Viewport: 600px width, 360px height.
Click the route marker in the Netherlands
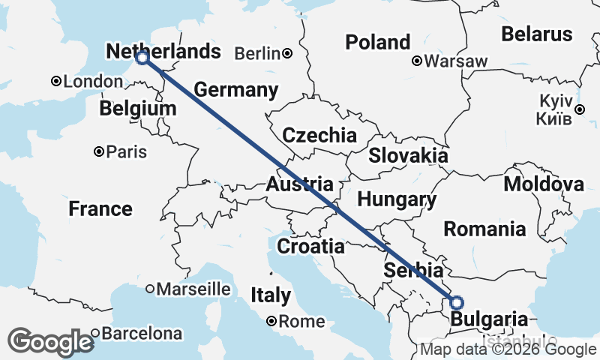[142, 57]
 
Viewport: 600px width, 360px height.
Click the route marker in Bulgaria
[457, 303]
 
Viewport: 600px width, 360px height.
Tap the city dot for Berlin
[287, 53]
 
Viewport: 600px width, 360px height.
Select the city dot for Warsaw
[417, 61]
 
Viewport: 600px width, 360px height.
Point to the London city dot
[55, 81]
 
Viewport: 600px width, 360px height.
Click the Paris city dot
[98, 152]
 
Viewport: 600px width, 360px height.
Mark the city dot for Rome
[272, 322]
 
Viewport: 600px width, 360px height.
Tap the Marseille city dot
[150, 289]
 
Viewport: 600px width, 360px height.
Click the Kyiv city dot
[579, 109]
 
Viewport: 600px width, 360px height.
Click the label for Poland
[378, 42]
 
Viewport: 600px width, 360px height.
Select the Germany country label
[235, 90]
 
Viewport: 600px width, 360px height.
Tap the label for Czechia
[319, 136]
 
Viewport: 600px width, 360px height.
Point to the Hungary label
[397, 199]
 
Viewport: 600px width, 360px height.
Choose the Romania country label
[484, 229]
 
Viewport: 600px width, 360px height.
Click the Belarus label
[536, 34]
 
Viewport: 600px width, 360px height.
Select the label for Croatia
[310, 246]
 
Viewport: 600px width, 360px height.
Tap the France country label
[100, 208]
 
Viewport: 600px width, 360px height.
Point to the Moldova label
[544, 184]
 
